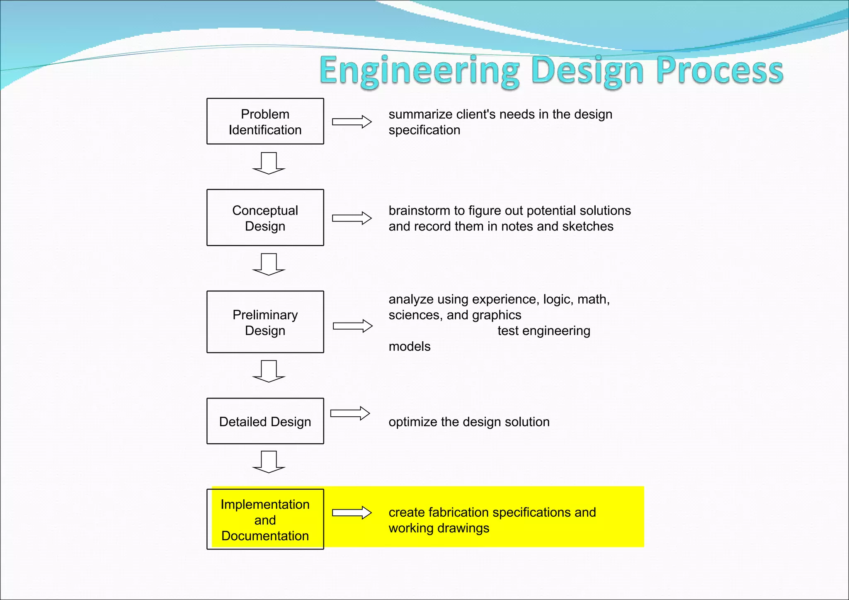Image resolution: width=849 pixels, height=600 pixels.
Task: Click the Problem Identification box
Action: click(x=265, y=121)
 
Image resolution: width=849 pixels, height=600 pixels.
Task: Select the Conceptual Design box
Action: click(x=265, y=218)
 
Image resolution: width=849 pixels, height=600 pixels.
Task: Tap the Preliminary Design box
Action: click(x=265, y=322)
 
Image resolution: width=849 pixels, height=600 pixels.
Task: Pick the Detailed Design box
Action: click(x=265, y=421)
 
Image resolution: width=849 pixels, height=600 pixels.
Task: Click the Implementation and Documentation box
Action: click(x=265, y=520)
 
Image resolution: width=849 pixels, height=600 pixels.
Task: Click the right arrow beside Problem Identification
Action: click(x=352, y=122)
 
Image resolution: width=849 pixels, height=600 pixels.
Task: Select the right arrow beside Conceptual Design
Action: click(x=352, y=218)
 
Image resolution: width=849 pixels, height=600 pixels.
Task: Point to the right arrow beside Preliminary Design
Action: click(x=352, y=326)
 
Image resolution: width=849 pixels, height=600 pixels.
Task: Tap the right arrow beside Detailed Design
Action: click(x=350, y=413)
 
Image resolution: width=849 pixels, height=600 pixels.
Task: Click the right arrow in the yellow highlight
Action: click(x=352, y=513)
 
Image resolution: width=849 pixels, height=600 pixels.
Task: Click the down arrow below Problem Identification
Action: click(x=269, y=163)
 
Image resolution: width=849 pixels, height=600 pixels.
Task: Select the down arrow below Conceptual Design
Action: click(x=269, y=264)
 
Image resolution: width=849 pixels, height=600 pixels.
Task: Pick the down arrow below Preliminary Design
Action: click(x=269, y=371)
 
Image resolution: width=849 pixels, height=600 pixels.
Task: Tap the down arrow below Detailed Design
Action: click(x=269, y=462)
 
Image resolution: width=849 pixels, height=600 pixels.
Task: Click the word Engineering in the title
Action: click(x=419, y=71)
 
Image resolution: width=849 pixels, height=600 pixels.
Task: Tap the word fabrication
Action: click(x=459, y=513)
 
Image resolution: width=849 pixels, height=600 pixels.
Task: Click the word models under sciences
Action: click(x=409, y=347)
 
